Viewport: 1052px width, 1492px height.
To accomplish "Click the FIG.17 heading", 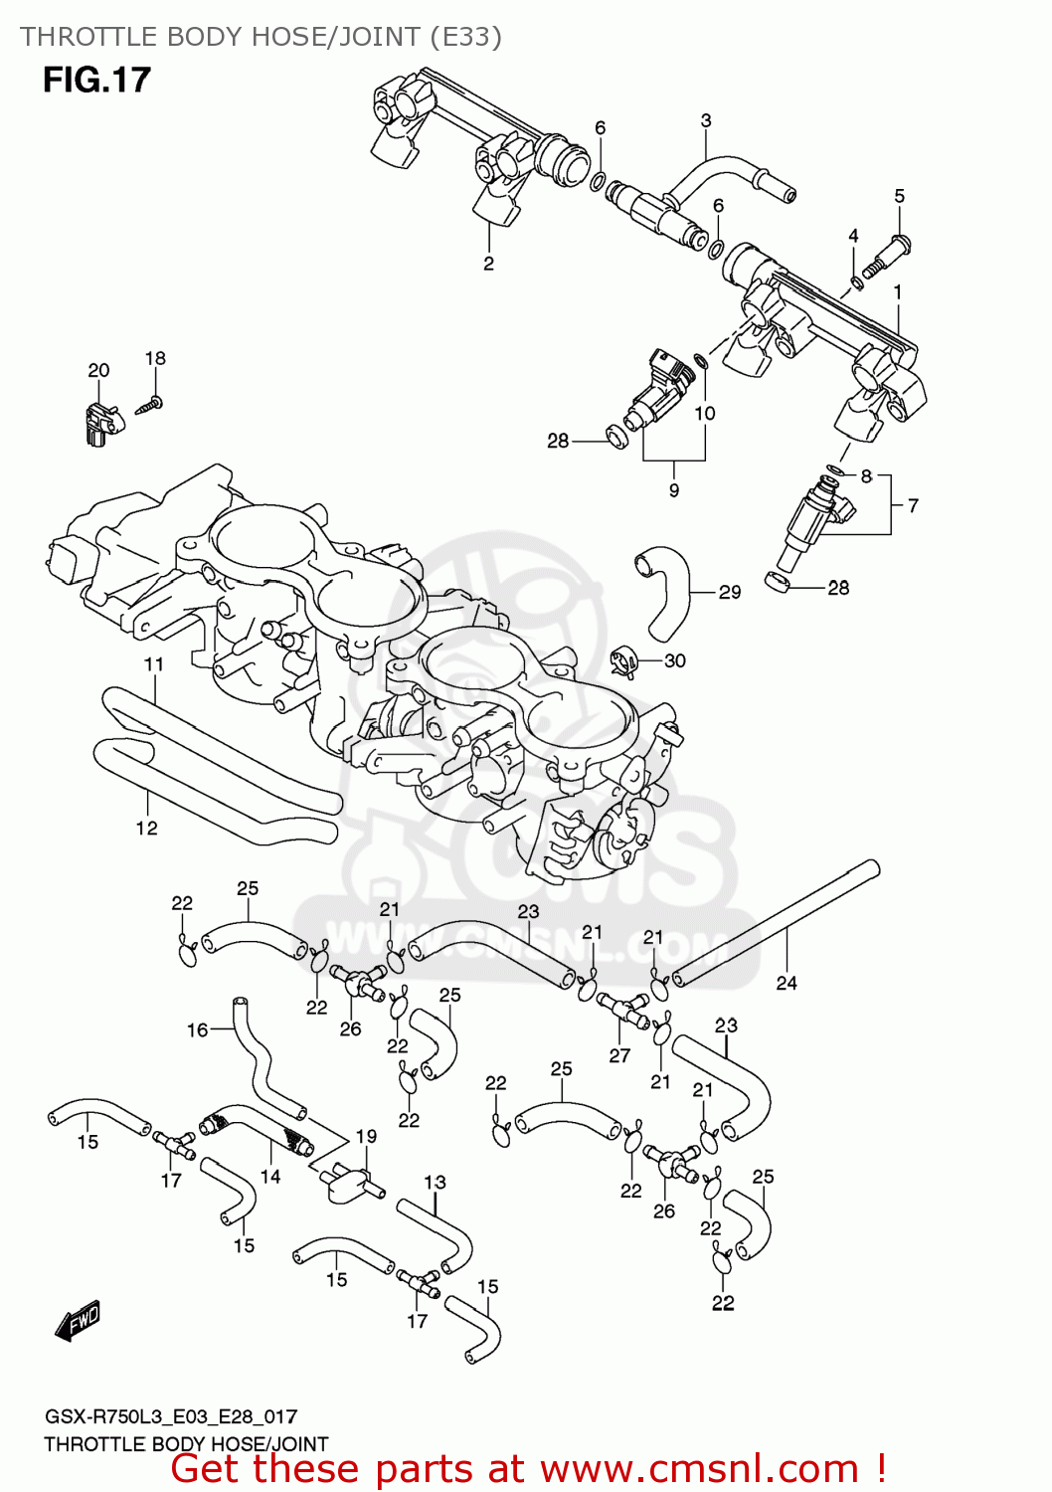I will pos(96,80).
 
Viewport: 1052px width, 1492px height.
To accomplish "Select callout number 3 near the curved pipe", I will pos(706,120).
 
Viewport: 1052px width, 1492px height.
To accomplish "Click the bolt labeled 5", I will pos(887,256).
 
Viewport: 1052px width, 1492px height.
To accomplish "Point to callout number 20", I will pos(98,370).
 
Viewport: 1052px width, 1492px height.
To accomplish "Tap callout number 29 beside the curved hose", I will pos(730,592).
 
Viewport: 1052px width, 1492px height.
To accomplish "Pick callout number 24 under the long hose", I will pos(787,983).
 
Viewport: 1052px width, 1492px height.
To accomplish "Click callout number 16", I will pos(198,1029).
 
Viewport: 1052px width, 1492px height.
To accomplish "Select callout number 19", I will pos(366,1136).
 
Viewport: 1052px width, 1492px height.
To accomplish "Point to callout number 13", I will pos(435,1182).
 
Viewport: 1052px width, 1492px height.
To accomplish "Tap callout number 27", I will pos(619,1055).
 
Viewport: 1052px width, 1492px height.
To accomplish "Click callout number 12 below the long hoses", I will pos(146,828).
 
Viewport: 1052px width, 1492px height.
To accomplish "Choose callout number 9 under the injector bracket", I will pos(674,490).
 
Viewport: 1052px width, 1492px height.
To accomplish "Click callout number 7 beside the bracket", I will pos(913,505).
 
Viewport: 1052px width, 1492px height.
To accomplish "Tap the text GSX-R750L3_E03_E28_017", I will pos(170,1416).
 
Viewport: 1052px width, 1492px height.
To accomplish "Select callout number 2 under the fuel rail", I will pos(488,264).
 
